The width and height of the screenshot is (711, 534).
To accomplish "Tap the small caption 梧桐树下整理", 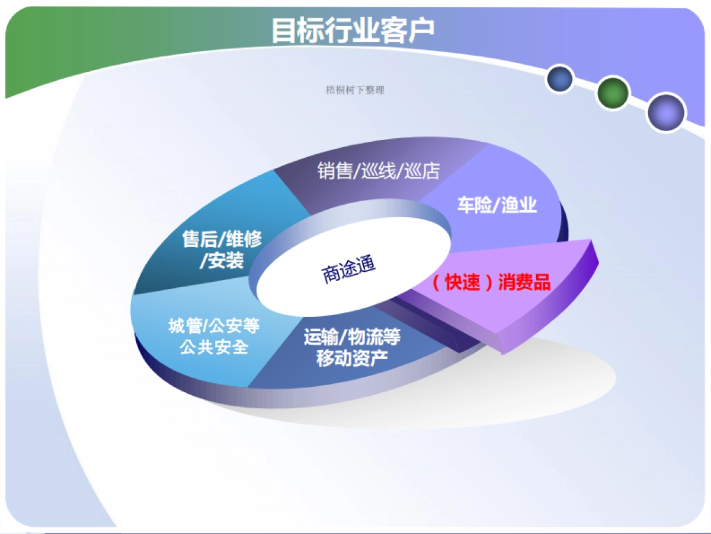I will click(x=355, y=90).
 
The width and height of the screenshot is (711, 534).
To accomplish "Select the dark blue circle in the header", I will click(x=559, y=79).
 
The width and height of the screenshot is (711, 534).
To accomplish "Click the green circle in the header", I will click(x=612, y=93).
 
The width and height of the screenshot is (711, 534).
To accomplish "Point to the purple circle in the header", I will click(x=665, y=112).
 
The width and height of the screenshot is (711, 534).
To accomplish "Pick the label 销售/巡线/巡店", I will click(x=379, y=171).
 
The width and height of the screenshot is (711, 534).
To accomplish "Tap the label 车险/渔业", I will click(x=497, y=205).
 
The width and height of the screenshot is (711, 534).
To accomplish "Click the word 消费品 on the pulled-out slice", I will click(x=524, y=283).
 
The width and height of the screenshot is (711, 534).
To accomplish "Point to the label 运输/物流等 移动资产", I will click(x=352, y=348).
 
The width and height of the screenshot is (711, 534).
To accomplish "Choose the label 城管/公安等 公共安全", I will click(x=214, y=336).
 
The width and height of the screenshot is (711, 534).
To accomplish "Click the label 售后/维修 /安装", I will click(x=222, y=250).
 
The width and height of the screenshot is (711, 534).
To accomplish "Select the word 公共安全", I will click(x=214, y=347).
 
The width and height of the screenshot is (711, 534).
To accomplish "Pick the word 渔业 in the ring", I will click(x=518, y=205).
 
